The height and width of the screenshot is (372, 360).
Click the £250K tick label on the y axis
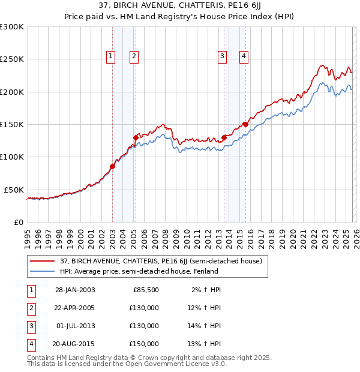pyautogui.click(x=12, y=59)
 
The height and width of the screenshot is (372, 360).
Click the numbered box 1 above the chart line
pyautogui.click(x=112, y=56)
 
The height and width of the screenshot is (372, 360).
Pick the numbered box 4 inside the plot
pyautogui.click(x=244, y=56)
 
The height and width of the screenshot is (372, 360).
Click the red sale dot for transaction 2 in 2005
pyautogui.click(x=136, y=137)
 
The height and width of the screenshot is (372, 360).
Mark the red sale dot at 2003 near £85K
pyautogui.click(x=112, y=166)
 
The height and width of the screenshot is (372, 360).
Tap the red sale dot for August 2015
pyautogui.click(x=245, y=124)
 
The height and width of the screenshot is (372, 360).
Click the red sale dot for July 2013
pyautogui.click(x=224, y=137)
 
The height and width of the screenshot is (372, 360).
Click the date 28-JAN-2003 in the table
pyautogui.click(x=75, y=290)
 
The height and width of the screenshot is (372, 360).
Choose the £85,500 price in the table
pyautogui.click(x=145, y=290)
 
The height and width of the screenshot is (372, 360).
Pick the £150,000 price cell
pyautogui.click(x=144, y=344)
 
